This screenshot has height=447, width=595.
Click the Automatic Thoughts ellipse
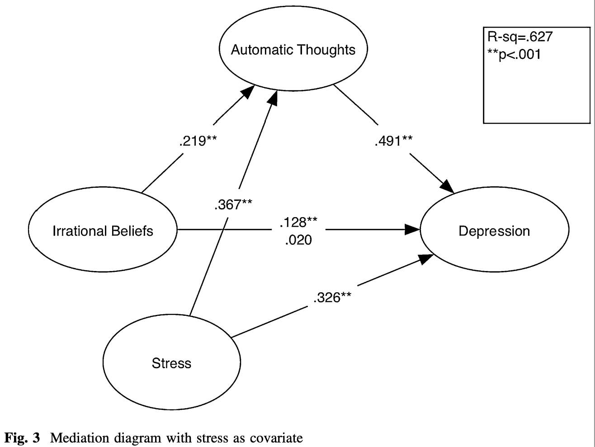[293, 49]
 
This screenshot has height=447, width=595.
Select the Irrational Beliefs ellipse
[103, 231]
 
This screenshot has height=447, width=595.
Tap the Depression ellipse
[494, 231]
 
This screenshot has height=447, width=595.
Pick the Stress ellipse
[171, 363]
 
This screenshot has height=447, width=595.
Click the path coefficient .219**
[198, 141]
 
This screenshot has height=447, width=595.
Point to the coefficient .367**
[233, 204]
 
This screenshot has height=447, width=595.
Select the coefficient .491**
[393, 141]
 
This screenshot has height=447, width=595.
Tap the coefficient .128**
[298, 222]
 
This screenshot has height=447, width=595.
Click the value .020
[298, 240]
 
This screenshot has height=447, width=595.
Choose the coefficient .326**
[332, 298]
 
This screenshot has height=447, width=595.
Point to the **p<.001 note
[514, 55]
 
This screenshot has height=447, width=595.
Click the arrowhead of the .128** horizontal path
[412, 230]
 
